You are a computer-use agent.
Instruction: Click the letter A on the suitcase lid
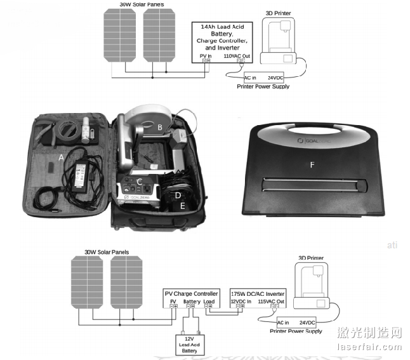pyautogui.click(x=61, y=156)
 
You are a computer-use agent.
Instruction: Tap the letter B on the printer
pyautogui.click(x=160, y=127)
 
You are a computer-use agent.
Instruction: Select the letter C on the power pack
pyautogui.click(x=138, y=182)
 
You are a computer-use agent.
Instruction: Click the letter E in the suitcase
pyautogui.click(x=183, y=206)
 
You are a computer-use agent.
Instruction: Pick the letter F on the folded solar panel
pyautogui.click(x=311, y=166)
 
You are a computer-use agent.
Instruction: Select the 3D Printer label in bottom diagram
pyautogui.click(x=310, y=258)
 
